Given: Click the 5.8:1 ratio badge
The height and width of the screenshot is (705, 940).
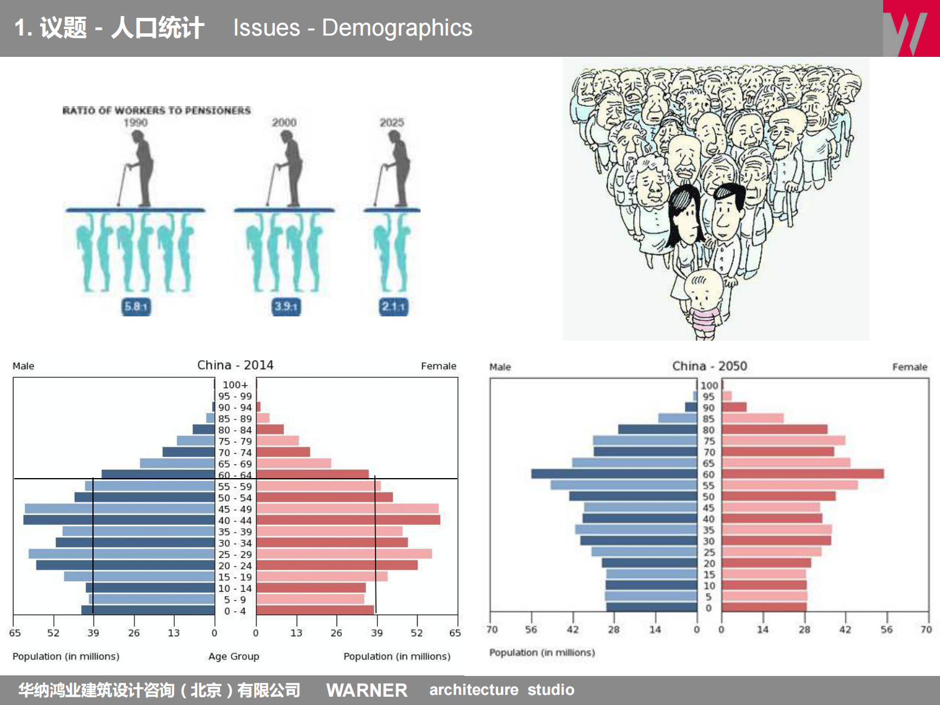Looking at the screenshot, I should click(136, 306).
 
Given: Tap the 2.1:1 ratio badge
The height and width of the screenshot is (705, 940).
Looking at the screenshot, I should click(394, 306).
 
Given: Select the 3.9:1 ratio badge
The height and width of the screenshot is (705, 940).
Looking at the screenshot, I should click(286, 306).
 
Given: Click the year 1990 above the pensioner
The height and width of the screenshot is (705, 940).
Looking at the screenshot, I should click(136, 123).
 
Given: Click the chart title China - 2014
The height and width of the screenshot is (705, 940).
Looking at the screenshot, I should click(235, 365).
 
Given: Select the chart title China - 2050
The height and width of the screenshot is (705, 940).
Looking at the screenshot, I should click(709, 366).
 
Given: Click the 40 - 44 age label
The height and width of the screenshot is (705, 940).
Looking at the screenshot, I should click(235, 520).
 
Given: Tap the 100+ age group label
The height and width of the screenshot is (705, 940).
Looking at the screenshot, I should click(235, 385).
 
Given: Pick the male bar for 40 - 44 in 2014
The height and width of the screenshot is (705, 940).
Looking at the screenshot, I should click(118, 520).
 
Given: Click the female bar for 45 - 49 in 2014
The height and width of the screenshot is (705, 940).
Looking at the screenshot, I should click(347, 508).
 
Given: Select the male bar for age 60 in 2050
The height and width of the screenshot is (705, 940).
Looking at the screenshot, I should click(614, 474).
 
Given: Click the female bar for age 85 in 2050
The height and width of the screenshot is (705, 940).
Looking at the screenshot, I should click(752, 418).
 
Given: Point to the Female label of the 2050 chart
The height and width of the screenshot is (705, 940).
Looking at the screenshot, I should click(909, 367).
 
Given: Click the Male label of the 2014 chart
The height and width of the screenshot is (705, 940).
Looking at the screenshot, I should click(24, 366).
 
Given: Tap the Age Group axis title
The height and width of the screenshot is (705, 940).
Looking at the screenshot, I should click(233, 656).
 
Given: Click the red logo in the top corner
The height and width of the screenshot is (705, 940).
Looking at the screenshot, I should click(911, 28).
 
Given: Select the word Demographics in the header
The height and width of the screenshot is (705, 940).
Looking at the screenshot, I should click(397, 28).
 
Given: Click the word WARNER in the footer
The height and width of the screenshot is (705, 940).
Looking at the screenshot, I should click(367, 690).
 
